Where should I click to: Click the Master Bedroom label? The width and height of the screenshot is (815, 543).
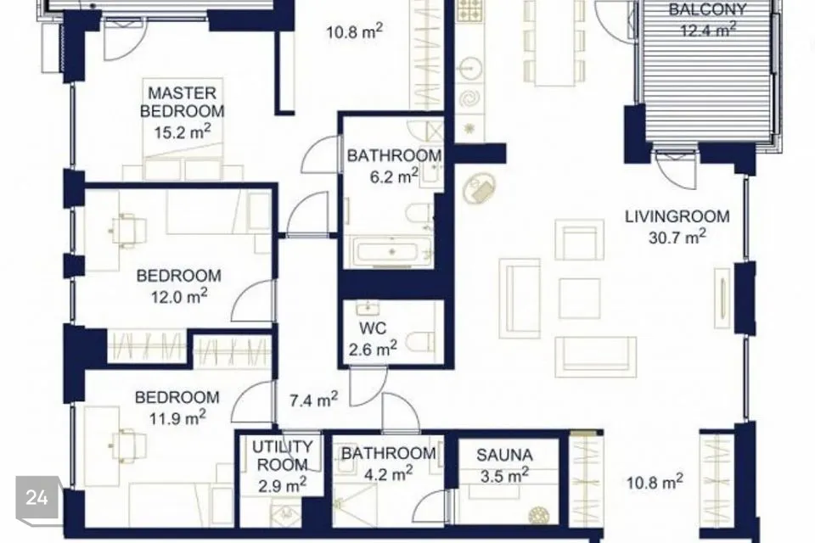(182, 102)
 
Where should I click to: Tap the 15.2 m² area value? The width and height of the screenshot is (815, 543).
(182, 132)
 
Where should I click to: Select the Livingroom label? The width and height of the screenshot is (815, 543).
(677, 216)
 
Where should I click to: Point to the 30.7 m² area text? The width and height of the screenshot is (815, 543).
(677, 237)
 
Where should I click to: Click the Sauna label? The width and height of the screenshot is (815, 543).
(504, 455)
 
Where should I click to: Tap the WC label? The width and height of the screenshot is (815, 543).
(373, 328)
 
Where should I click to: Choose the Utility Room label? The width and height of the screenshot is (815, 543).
(282, 455)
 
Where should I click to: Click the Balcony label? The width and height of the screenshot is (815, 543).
(707, 8)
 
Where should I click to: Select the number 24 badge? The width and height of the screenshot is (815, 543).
(37, 498)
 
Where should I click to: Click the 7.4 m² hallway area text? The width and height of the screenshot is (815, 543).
(313, 400)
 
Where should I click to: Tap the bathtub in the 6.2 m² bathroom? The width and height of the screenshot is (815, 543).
(392, 251)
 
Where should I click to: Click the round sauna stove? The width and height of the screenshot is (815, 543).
(538, 516)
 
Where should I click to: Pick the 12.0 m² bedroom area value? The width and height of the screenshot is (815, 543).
(179, 297)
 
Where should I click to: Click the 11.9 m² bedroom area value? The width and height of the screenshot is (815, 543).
(177, 417)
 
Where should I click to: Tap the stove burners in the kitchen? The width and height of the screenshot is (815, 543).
(469, 11)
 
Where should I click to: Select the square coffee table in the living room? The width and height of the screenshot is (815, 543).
(580, 299)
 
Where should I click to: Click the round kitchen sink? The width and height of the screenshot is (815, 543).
(470, 68)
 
